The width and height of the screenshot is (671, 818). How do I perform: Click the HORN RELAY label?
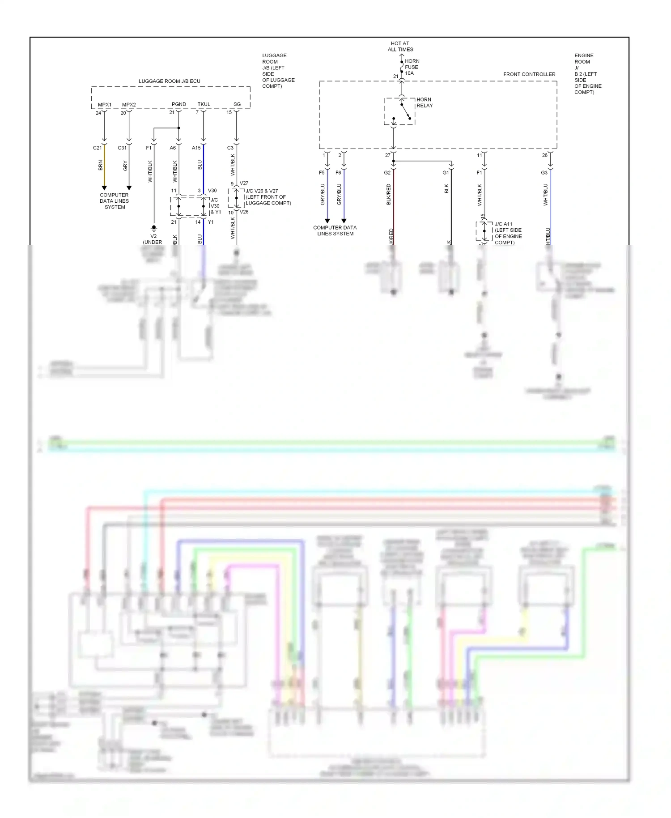pos(424,102)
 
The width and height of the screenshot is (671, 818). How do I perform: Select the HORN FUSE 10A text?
pos(412,67)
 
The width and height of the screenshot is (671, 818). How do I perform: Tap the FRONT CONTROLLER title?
pos(529,74)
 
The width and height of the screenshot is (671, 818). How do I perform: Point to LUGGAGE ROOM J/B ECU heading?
pos(170,81)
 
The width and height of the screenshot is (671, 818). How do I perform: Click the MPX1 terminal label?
pos(105,105)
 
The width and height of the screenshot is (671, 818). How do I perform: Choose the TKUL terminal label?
pos(204,104)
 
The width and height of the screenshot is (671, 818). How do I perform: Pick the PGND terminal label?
pos(179,104)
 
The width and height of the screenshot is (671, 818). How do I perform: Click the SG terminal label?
pos(237,104)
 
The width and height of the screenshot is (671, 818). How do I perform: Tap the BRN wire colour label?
pos(101,166)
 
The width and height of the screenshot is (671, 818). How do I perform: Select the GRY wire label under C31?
pos(125,166)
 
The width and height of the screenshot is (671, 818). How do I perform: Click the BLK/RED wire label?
pos(389,194)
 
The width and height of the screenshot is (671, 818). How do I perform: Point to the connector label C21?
pos(97,148)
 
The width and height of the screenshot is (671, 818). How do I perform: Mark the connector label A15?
pos(196,148)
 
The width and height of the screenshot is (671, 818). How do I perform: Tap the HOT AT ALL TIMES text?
pos(400,47)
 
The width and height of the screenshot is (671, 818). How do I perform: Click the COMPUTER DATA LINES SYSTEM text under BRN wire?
pos(115,201)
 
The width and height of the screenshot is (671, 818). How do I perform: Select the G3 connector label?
pos(544,172)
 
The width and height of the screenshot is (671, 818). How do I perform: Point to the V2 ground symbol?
pos(154,228)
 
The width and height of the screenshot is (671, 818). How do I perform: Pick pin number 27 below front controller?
pos(387,155)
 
